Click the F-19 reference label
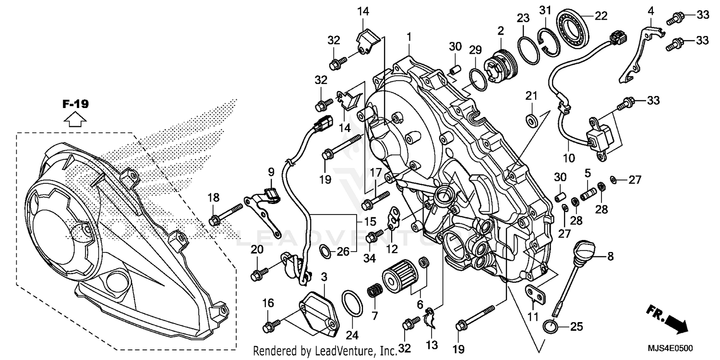[76, 104]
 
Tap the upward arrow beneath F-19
[76, 119]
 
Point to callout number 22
[601, 16]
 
